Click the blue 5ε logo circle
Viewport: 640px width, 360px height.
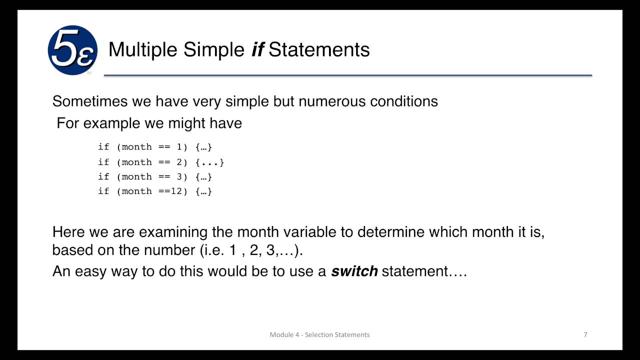click(x=72, y=50)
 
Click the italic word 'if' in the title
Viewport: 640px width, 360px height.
click(x=257, y=49)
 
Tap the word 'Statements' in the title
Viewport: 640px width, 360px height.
click(x=319, y=49)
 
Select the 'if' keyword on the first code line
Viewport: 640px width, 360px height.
click(x=103, y=147)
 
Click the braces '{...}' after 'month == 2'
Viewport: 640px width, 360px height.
click(x=210, y=162)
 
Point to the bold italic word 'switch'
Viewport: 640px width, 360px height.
click(x=354, y=271)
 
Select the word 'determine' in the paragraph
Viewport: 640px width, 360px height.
click(x=394, y=232)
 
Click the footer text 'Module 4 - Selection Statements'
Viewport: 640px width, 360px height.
click(x=319, y=334)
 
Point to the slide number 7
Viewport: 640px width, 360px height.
click(x=585, y=334)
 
